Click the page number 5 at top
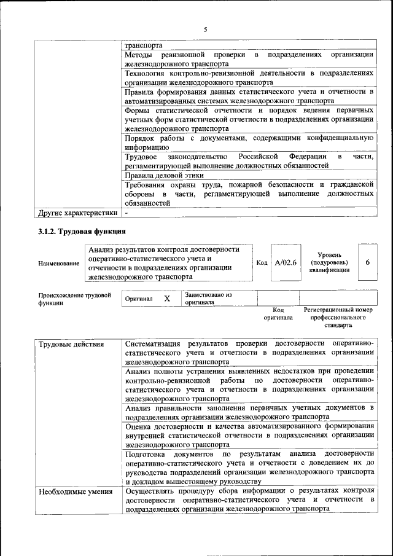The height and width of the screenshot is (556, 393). (206, 29)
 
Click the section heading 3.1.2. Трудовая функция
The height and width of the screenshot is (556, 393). (82, 232)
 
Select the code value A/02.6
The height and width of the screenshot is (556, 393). (286, 262)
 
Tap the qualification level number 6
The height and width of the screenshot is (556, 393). (367, 262)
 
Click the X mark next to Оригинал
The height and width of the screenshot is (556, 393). (166, 299)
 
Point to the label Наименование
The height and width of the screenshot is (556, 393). (58, 264)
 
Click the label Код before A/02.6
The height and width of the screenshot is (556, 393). (262, 262)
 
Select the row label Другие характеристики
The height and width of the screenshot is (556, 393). (77, 213)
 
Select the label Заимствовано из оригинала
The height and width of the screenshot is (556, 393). (208, 299)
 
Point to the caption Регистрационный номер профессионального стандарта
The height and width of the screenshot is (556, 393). (338, 318)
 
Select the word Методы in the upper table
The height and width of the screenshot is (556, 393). (139, 55)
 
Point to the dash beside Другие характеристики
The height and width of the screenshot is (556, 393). (126, 213)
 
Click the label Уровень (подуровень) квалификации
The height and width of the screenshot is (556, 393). (330, 262)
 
